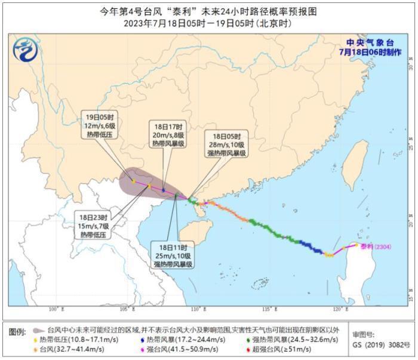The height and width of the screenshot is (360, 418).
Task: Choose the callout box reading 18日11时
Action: (173, 255)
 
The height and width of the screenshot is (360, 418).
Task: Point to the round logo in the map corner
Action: (24, 47)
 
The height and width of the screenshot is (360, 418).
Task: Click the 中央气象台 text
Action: (371, 42)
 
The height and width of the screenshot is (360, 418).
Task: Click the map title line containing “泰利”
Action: (209, 11)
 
